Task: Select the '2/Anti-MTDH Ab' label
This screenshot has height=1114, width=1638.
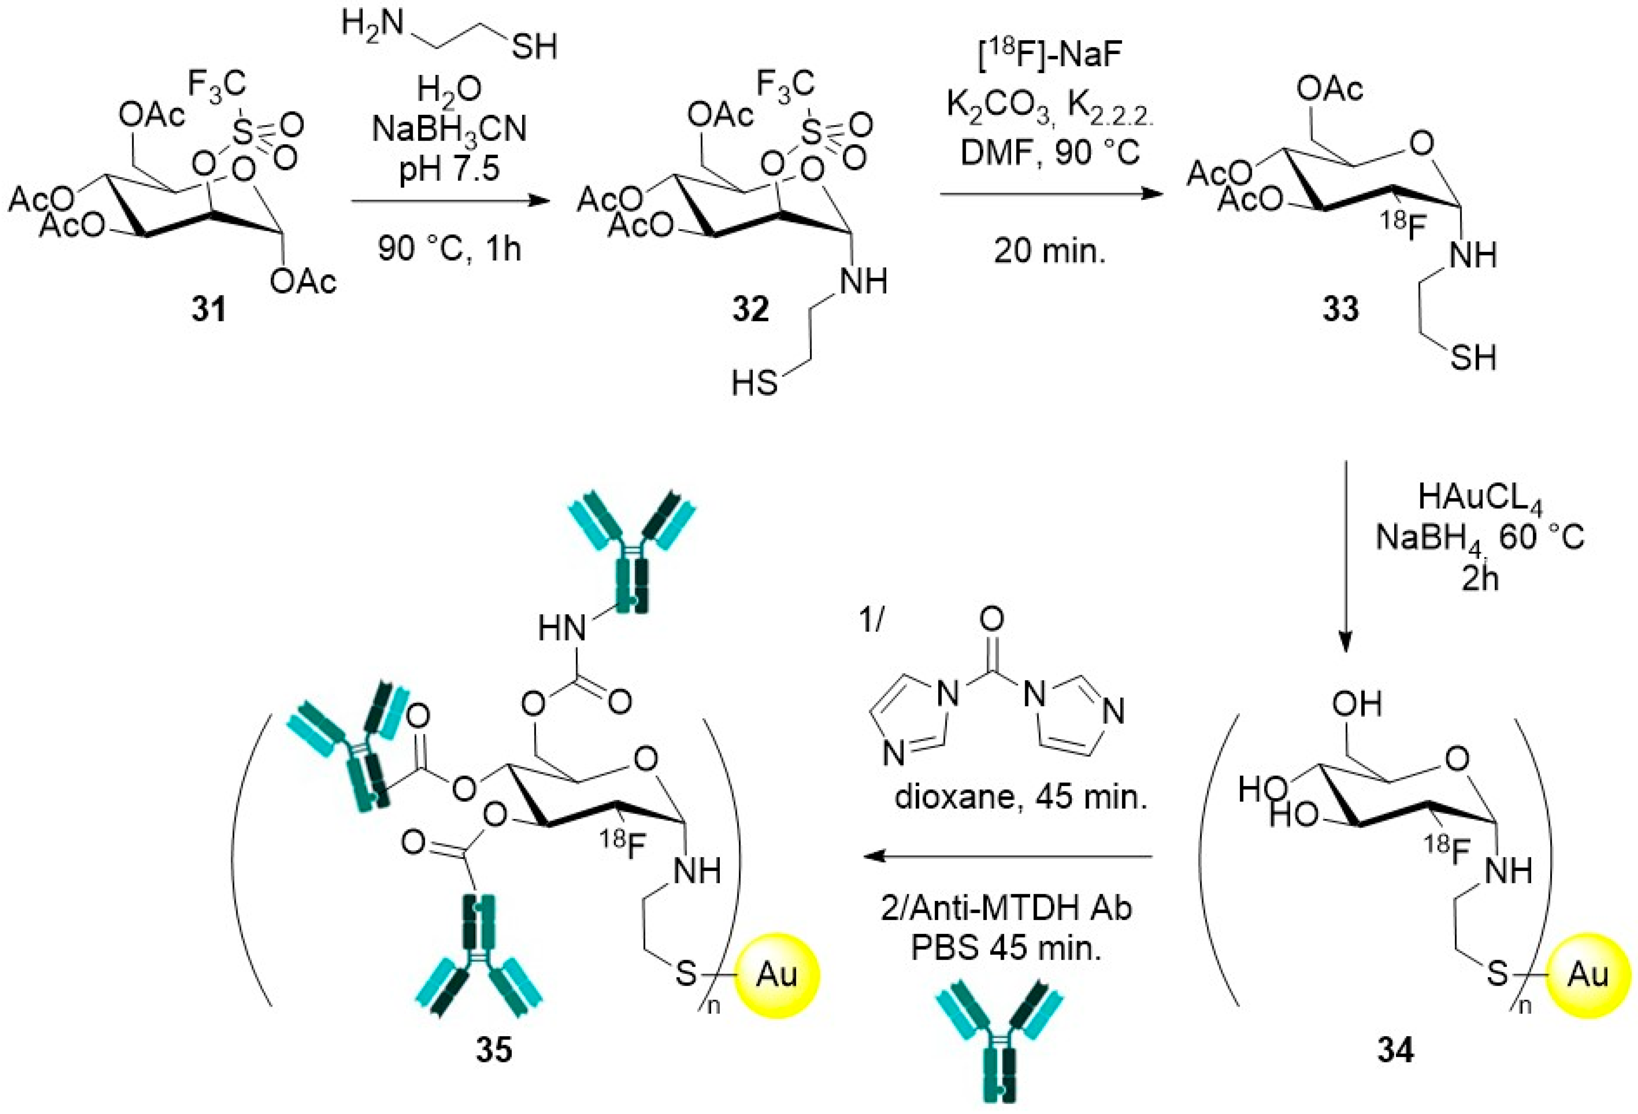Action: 1006,908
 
